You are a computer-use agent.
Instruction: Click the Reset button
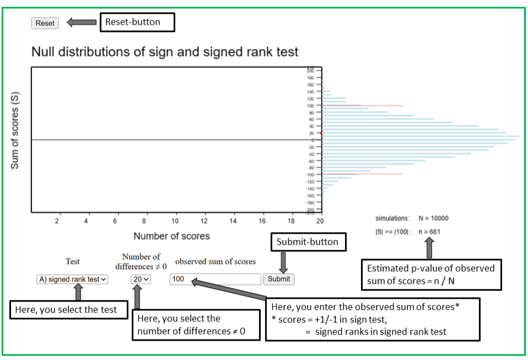pyautogui.click(x=45, y=23)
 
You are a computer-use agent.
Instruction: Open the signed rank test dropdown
pyautogui.click(x=73, y=280)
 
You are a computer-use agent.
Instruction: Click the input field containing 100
pyautogui.click(x=215, y=279)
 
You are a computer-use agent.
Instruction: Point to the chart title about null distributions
pyautogui.click(x=165, y=52)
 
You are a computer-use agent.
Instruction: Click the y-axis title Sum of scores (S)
pyautogui.click(x=15, y=130)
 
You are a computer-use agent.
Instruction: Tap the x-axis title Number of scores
pyautogui.click(x=171, y=236)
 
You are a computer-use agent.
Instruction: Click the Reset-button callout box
pyautogui.click(x=136, y=22)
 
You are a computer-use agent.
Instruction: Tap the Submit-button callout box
pyautogui.click(x=308, y=242)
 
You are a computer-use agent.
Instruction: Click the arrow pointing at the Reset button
pyautogui.click(x=81, y=23)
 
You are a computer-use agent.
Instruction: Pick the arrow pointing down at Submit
pyautogui.click(x=283, y=261)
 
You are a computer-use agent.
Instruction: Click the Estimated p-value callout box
pyautogui.click(x=432, y=274)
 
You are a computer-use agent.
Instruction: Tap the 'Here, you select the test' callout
pyautogui.click(x=66, y=310)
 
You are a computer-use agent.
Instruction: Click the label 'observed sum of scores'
pyautogui.click(x=215, y=261)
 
